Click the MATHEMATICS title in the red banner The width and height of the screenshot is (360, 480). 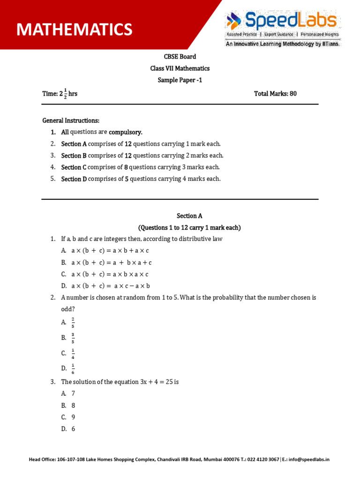[x=74, y=30]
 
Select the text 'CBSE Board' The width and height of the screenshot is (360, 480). [x=180, y=57]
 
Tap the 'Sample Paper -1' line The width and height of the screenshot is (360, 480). [x=180, y=80]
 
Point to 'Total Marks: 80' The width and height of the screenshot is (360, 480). [x=275, y=94]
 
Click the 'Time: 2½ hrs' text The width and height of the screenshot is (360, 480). [x=60, y=94]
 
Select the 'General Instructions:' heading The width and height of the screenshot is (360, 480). [x=71, y=121]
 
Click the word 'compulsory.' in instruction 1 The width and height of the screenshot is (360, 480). [x=126, y=132]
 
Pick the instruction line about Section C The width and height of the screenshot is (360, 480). [x=140, y=167]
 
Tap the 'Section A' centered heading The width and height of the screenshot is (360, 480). [x=189, y=216]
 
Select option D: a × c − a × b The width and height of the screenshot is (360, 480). [x=111, y=286]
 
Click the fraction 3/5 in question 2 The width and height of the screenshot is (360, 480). [x=73, y=337]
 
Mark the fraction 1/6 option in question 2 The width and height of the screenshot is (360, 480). [x=73, y=369]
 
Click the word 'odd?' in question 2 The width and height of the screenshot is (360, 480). [x=68, y=309]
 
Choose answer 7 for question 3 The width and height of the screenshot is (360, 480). [x=73, y=394]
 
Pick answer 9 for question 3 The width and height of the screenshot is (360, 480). [x=73, y=417]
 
